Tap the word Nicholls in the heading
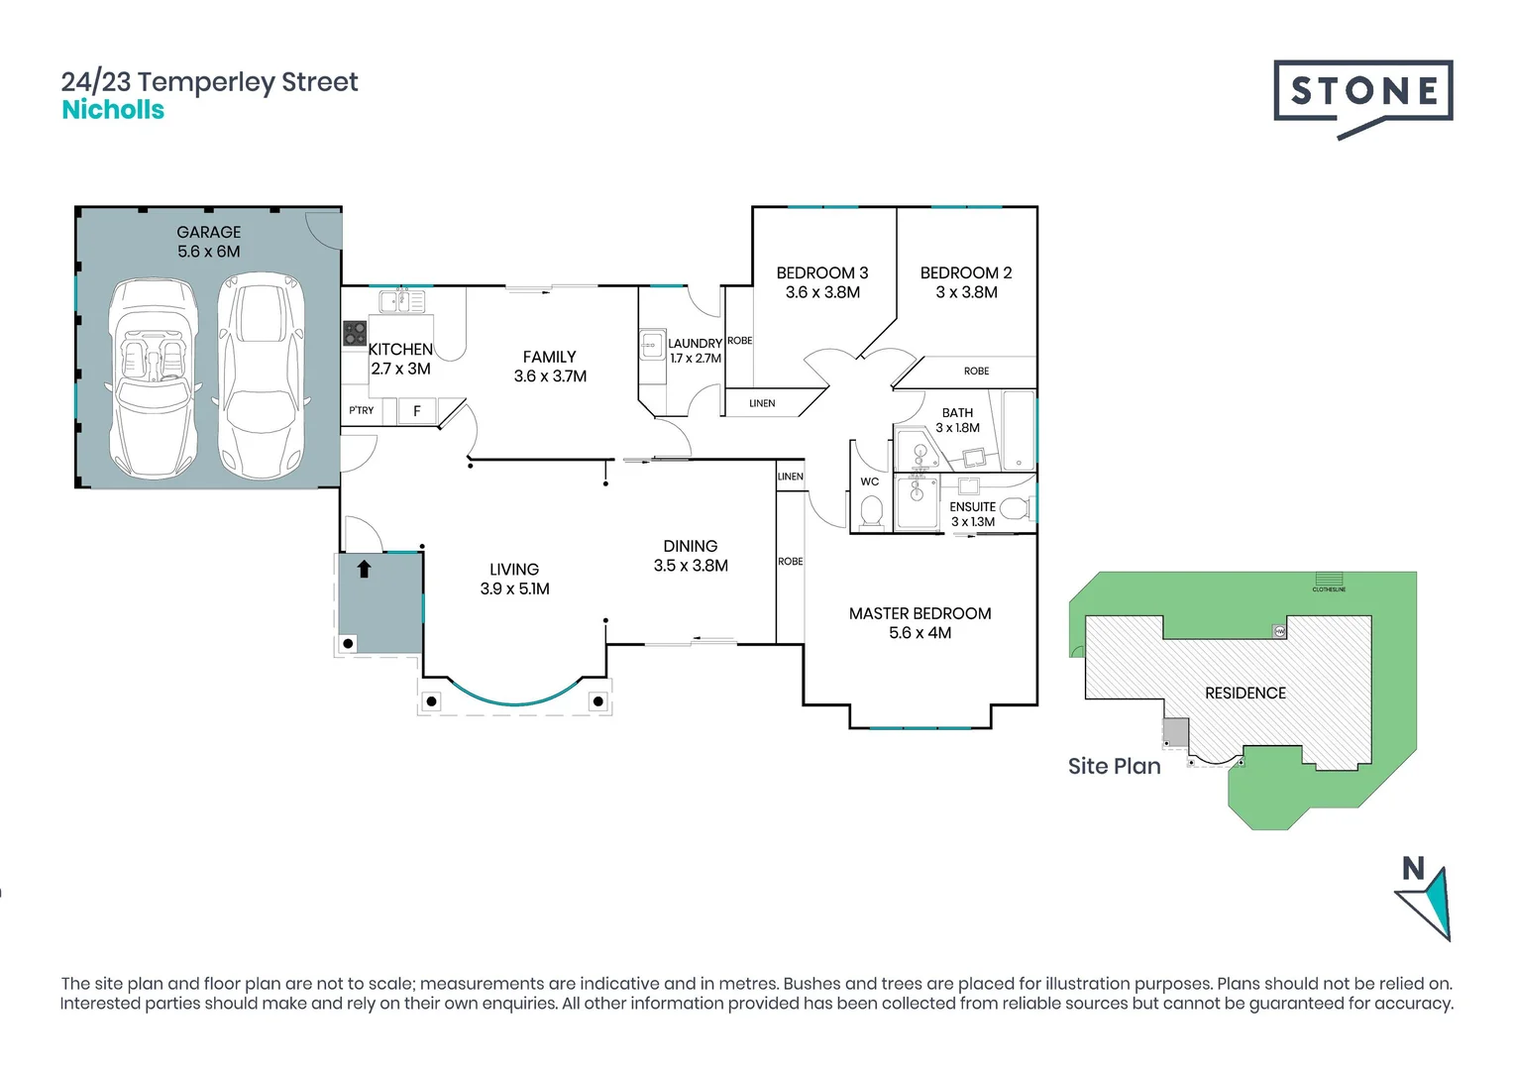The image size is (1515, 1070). (x=113, y=110)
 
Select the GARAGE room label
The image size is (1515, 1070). (x=208, y=233)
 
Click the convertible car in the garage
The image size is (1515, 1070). (x=154, y=376)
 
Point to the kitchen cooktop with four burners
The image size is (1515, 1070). (x=355, y=334)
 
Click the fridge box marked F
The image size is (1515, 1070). (x=417, y=410)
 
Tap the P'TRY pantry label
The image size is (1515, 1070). (x=362, y=410)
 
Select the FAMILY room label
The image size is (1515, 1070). (x=550, y=358)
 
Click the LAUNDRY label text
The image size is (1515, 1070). (x=695, y=344)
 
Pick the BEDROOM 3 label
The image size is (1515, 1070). (x=822, y=273)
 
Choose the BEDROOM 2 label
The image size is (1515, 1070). (x=966, y=273)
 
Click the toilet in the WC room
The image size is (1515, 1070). (x=871, y=511)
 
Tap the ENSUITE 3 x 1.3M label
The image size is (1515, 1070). (x=973, y=514)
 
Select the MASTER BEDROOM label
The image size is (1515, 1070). (x=920, y=614)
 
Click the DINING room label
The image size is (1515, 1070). (x=691, y=547)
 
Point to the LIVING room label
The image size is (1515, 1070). (x=514, y=570)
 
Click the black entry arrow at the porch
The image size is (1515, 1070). (x=364, y=569)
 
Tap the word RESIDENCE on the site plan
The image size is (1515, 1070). (x=1245, y=694)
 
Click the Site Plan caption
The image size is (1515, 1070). (x=1114, y=766)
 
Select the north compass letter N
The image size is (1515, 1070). (x=1413, y=869)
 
